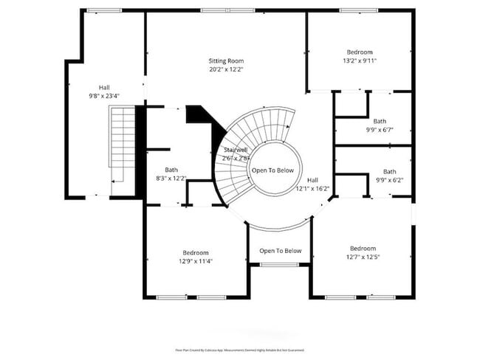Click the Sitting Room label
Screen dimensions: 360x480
[225, 61]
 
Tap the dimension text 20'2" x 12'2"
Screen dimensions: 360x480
[225, 69]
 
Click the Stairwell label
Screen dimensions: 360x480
[236, 150]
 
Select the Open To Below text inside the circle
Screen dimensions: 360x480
[272, 170]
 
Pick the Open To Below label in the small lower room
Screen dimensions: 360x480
[280, 251]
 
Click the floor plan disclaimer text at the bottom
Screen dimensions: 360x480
[239, 350]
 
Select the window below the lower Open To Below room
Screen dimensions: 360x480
[279, 265]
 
